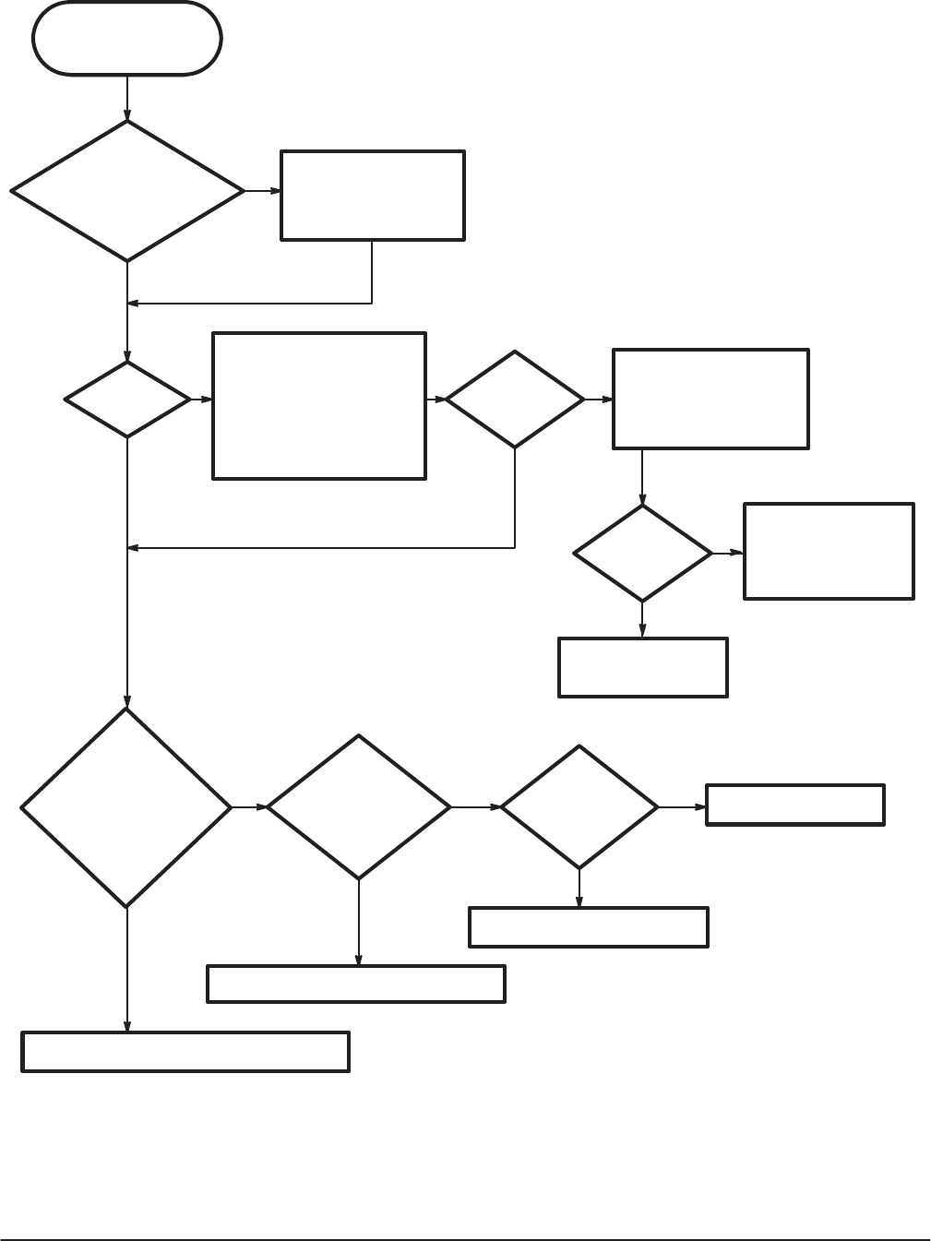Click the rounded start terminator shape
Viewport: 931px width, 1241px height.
click(x=127, y=38)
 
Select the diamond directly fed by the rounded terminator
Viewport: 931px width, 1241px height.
click(x=127, y=191)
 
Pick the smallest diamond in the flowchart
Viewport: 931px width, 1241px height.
click(x=127, y=400)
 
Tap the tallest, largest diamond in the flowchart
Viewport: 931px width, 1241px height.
click(x=126, y=807)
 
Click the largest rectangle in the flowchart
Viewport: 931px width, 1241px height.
click(x=319, y=406)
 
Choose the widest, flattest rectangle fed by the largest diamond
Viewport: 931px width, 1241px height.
click(x=185, y=1052)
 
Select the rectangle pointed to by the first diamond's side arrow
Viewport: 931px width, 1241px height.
click(x=372, y=195)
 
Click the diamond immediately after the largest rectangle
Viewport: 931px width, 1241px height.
click(x=515, y=400)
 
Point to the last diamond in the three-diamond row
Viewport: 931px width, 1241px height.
click(x=579, y=807)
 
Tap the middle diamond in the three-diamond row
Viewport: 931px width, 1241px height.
click(x=358, y=807)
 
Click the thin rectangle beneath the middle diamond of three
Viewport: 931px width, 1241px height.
click(x=356, y=984)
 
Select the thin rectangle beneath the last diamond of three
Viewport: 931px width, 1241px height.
click(x=589, y=927)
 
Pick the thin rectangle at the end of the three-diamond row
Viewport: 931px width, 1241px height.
click(x=795, y=804)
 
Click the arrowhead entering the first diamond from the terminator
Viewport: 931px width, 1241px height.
click(x=127, y=115)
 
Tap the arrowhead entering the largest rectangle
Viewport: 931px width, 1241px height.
click(x=208, y=400)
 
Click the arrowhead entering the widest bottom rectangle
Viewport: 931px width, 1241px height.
click(x=127, y=1028)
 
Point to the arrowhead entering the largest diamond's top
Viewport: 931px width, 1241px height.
click(x=127, y=702)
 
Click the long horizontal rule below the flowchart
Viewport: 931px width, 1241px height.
click(x=465, y=1239)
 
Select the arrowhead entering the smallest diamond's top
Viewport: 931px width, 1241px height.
click(x=127, y=356)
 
